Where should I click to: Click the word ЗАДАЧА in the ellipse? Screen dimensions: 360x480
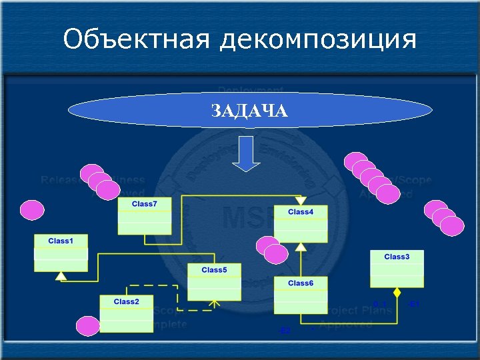tap(249, 111)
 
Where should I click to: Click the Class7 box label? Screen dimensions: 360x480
tap(145, 203)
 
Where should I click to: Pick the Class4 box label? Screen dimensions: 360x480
tap(301, 211)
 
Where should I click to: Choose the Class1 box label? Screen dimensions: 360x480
tap(61, 240)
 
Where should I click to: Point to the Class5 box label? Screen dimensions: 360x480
tap(214, 269)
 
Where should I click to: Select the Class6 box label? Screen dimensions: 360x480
tap(301, 283)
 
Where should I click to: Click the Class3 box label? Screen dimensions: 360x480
tap(397, 256)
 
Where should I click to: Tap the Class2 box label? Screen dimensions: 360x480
tap(126, 301)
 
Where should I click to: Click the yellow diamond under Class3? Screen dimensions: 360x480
tap(397, 292)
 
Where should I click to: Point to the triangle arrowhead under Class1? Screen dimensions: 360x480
tap(61, 275)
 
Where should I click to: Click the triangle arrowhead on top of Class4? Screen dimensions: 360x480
tap(301, 200)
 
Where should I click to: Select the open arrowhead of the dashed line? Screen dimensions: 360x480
tap(213, 305)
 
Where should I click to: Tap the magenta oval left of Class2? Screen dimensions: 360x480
tap(87, 326)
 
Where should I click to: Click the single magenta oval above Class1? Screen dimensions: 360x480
tap(32, 210)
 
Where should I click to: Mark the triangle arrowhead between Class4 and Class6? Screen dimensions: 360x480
tap(301, 247)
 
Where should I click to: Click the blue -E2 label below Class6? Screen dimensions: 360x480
tap(285, 331)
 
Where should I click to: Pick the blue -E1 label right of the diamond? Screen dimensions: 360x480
tap(413, 304)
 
